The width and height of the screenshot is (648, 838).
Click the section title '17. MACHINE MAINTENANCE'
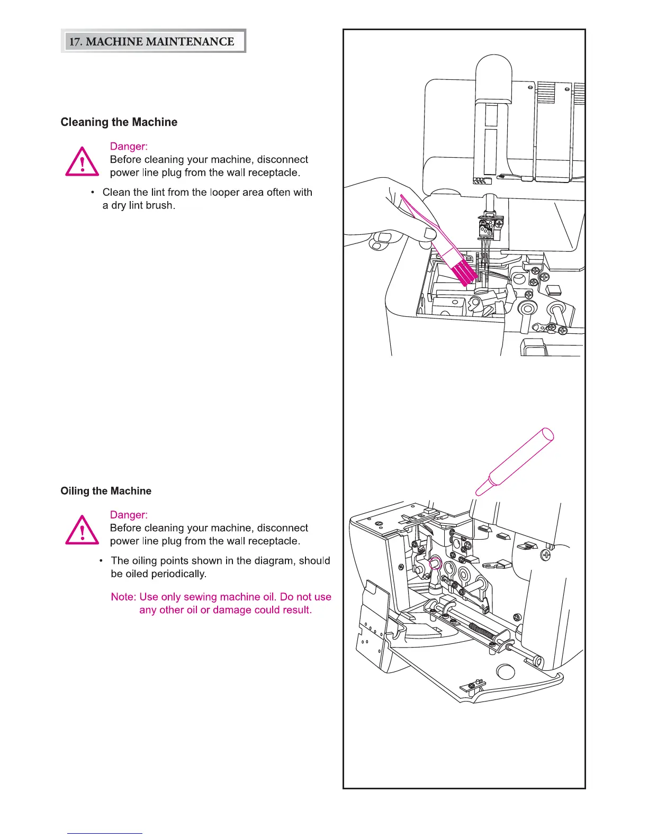pos(152,41)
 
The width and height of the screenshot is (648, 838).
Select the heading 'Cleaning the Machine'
pos(119,122)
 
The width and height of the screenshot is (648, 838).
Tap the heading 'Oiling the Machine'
pos(106,491)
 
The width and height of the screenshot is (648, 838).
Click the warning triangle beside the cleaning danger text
pos(82,162)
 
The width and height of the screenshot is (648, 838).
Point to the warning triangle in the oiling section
pos(82,530)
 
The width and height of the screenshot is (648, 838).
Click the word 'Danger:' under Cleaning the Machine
pos(129,147)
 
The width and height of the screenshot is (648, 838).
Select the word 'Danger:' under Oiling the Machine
pos(129,515)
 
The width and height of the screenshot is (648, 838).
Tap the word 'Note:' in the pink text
pos(123,597)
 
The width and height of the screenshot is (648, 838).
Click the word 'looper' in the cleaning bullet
pos(224,193)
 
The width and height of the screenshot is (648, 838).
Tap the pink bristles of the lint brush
pos(462,271)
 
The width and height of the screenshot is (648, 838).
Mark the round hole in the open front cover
pos(505,672)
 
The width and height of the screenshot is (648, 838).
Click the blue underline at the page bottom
pos(104,833)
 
